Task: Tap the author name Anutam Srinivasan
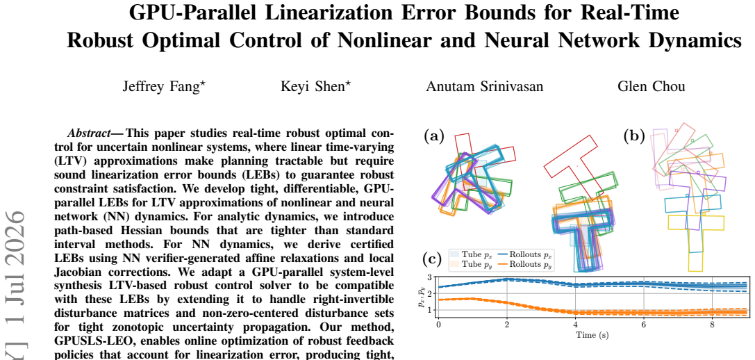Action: pos(484,86)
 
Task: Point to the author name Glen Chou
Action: pos(651,86)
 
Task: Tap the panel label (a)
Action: pos(433,136)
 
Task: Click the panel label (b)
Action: pos(633,136)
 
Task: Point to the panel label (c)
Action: pos(431,259)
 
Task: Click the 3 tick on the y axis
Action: pos(429,277)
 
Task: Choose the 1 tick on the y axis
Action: pos(429,310)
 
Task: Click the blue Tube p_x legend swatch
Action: pos(454,254)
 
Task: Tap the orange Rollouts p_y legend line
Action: pos(502,264)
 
